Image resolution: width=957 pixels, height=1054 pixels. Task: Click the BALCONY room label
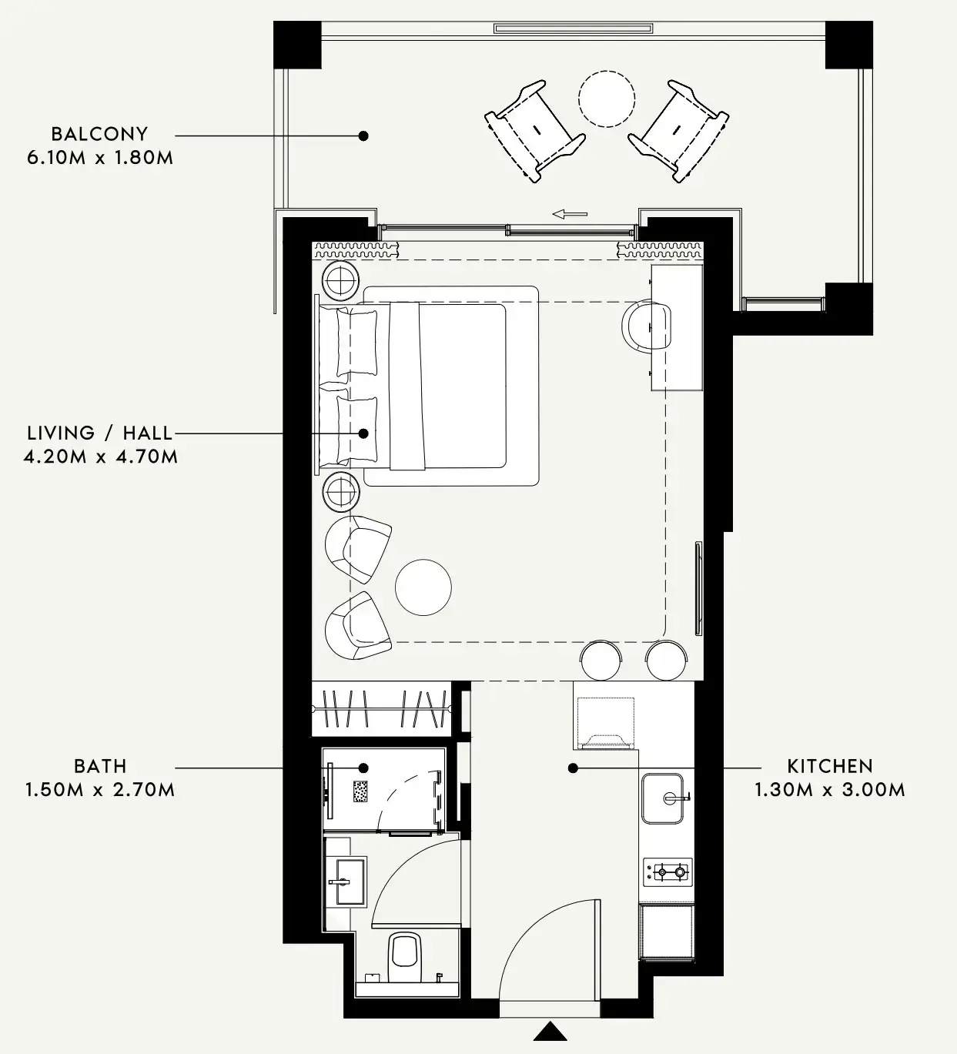[x=99, y=134]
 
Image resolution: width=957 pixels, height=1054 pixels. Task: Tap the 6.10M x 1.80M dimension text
[x=100, y=158]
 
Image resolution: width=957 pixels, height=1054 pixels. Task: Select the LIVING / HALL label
[x=99, y=433]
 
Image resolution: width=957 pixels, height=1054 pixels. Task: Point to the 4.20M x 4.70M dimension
[x=101, y=457]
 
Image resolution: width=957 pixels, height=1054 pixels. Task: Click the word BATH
[x=100, y=766]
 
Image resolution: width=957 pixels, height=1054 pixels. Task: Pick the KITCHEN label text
[x=830, y=766]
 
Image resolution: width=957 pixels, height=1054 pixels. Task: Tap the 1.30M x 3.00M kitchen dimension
[x=830, y=790]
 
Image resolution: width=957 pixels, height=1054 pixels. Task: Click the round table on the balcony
[x=607, y=99]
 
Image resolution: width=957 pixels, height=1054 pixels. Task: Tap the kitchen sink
[x=664, y=798]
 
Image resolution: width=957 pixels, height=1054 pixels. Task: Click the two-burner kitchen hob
[x=668, y=872]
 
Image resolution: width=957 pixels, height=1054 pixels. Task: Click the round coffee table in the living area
[x=423, y=587]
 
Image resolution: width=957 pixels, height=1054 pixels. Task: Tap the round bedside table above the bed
[x=340, y=280]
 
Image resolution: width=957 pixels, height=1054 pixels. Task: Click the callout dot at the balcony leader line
[x=364, y=136]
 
